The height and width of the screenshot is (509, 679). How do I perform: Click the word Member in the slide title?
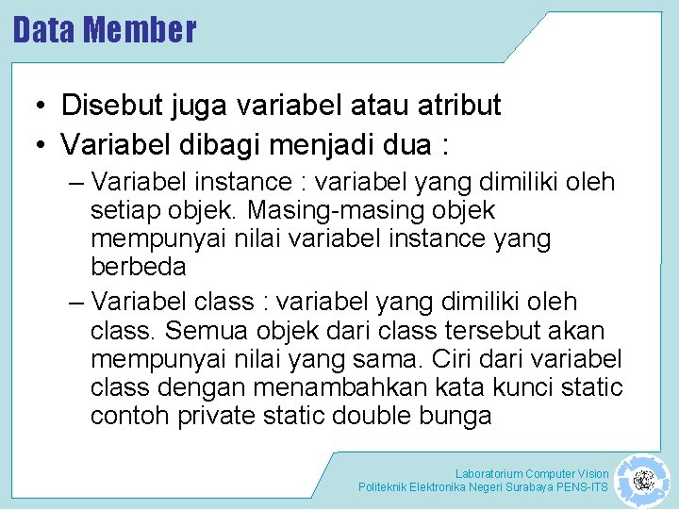(140, 29)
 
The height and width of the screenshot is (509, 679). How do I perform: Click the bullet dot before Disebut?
(44, 107)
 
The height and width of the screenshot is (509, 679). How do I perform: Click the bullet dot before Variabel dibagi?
(44, 146)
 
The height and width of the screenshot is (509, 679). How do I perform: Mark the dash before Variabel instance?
(76, 181)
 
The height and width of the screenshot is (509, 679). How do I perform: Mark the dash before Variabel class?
(76, 303)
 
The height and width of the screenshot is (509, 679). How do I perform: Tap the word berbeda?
(139, 267)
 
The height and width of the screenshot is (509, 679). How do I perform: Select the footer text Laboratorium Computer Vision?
(532, 473)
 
